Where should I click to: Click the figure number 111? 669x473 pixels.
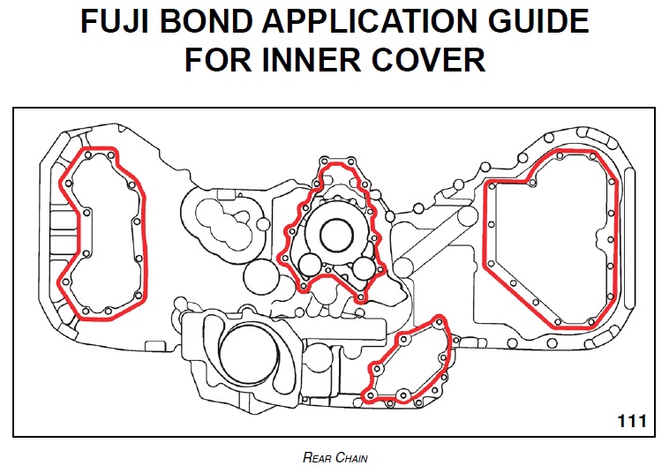(631, 421)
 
